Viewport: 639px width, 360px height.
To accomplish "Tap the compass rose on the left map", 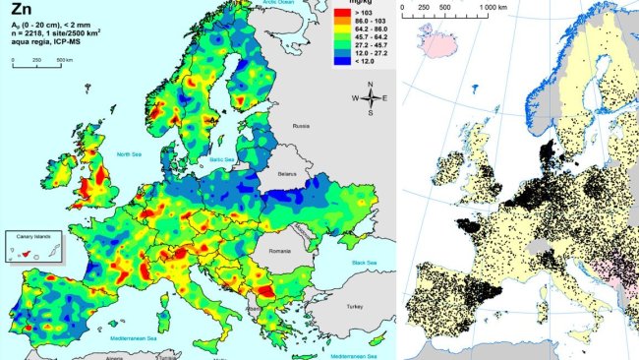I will tap(371, 98).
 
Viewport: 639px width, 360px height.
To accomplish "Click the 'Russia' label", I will tap(301, 125).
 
